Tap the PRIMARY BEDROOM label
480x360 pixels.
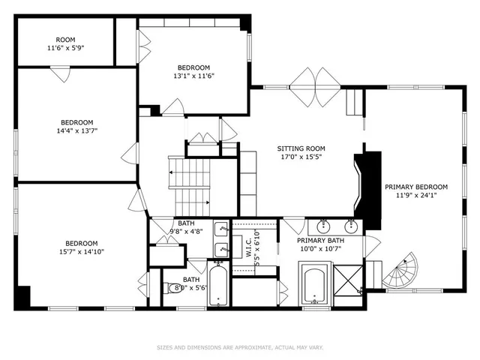[x=415, y=191]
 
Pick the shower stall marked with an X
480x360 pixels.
[x=346, y=283]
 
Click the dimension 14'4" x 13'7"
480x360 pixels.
[x=76, y=130]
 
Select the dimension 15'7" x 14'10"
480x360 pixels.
[x=80, y=251]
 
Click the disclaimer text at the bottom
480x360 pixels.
[x=240, y=347]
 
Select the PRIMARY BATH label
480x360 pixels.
[x=320, y=244]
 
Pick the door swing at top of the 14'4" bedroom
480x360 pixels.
[x=61, y=74]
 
